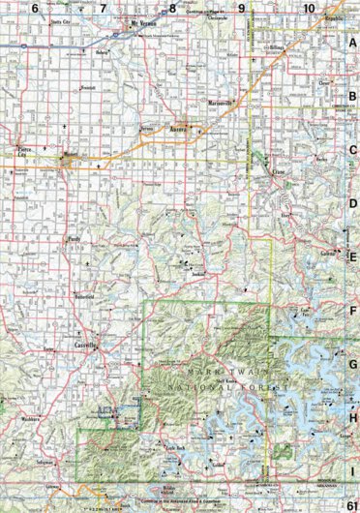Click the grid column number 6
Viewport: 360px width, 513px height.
tap(35, 8)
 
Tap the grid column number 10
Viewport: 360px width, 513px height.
tap(309, 8)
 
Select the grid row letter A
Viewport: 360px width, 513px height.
tap(353, 44)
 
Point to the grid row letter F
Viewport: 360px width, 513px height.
tap(353, 312)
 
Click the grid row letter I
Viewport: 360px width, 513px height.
tap(353, 472)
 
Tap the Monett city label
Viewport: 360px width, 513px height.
tap(71, 150)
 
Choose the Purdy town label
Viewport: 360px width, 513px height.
tap(71, 239)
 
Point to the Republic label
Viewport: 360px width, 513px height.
tap(335, 17)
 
